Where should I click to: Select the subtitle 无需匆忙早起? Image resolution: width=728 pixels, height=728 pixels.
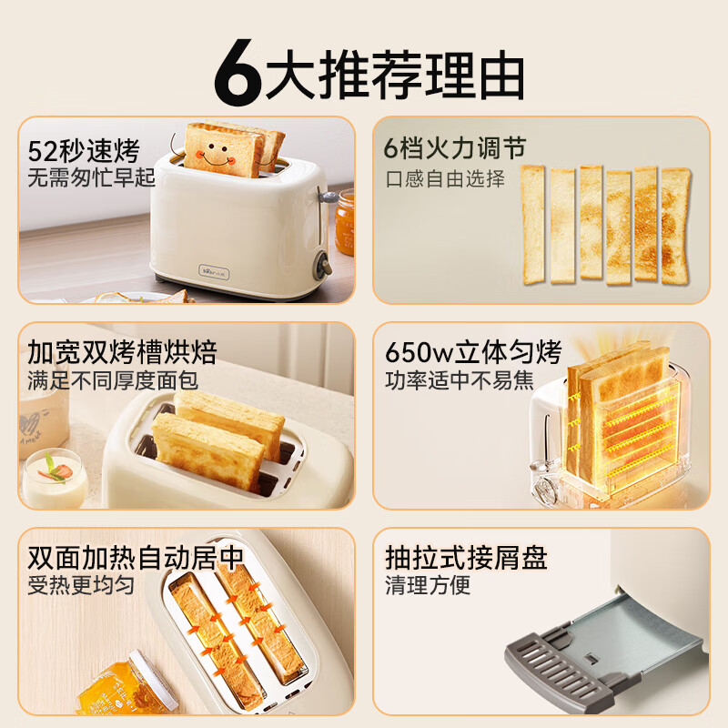[92, 177]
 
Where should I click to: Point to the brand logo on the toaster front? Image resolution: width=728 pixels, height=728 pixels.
[214, 269]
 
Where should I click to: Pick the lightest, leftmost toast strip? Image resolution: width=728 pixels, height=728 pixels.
[532, 224]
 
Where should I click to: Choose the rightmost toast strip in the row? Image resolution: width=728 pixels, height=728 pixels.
[675, 224]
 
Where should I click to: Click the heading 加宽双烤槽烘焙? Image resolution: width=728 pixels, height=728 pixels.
[122, 352]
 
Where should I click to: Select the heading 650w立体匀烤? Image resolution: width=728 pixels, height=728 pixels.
[473, 352]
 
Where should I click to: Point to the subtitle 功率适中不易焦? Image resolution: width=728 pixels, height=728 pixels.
[460, 379]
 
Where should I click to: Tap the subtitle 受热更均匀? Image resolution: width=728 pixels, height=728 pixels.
[81, 585]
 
